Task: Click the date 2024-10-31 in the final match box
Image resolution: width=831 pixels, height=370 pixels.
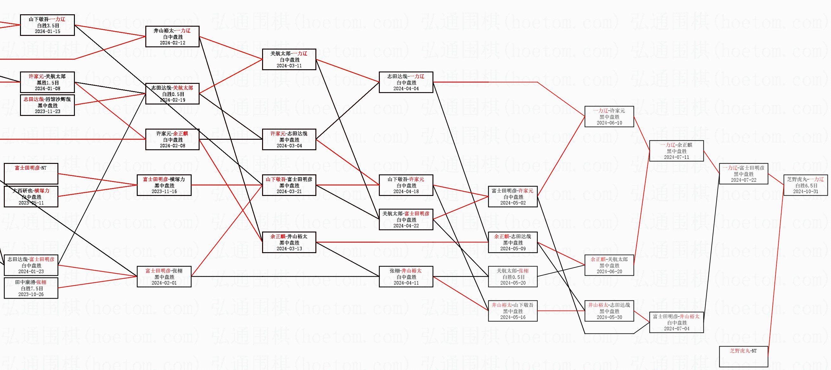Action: pos(806,192)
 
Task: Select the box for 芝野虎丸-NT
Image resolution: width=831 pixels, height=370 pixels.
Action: pos(743,356)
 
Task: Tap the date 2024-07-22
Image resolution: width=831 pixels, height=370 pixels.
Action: pos(743,180)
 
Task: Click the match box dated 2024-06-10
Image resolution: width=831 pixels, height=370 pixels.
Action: pos(609,117)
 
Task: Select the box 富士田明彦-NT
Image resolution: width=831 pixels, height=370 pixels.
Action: pos(31,173)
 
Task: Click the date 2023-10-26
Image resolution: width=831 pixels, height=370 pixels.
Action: pos(31,294)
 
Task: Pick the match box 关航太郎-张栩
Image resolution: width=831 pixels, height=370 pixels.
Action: pos(513,277)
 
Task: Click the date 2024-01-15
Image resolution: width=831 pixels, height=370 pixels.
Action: pos(47,31)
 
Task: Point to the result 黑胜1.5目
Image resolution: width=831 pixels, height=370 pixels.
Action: pos(48,83)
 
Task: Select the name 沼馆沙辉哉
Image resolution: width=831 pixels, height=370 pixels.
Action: pos(58,99)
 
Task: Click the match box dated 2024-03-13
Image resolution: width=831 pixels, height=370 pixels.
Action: pos(289,242)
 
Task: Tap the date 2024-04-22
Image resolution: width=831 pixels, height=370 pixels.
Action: pos(406,226)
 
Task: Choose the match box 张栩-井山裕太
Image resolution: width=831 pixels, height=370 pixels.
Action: pos(406,277)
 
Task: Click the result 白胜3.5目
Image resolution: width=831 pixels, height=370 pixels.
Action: pos(48,25)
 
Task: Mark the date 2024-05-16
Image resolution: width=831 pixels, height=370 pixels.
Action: pos(513,317)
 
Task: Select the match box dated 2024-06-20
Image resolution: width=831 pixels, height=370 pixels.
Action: pos(609,265)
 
